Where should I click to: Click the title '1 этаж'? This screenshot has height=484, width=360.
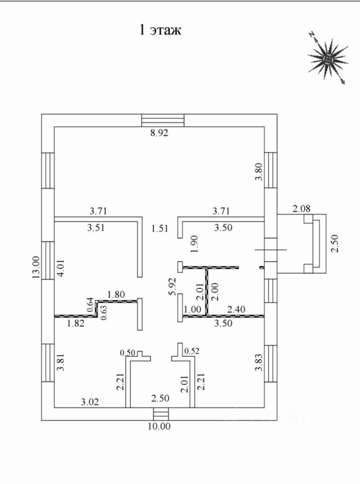(160, 30)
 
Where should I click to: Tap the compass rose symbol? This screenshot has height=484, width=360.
(328, 58)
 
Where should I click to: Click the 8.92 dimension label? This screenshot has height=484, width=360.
(159, 133)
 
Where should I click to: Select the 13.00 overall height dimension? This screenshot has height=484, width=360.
(36, 268)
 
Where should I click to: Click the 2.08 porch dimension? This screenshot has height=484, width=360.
(302, 209)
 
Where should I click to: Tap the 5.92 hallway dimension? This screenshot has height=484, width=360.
(172, 287)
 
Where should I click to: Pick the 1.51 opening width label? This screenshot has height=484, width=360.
(160, 228)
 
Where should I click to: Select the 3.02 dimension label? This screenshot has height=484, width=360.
(90, 402)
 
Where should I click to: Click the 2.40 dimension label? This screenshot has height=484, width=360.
(236, 309)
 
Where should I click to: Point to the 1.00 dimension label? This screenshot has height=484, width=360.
(192, 309)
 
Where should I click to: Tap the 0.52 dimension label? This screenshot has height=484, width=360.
(192, 351)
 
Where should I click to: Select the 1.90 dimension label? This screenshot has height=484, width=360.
(195, 244)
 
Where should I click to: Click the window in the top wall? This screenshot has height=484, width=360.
(163, 120)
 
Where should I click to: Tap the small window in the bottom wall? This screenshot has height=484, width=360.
(161, 414)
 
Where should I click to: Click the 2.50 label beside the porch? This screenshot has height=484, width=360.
(335, 244)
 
